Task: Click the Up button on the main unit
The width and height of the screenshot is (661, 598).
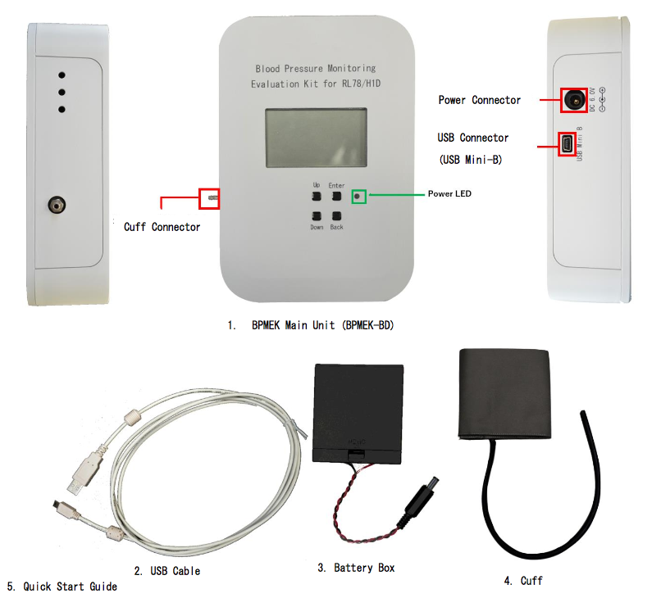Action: click(x=316, y=197)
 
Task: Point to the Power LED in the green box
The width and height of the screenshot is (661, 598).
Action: click(x=358, y=197)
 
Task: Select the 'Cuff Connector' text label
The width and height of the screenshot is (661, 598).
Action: click(x=162, y=227)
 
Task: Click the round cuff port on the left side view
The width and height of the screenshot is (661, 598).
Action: click(x=57, y=203)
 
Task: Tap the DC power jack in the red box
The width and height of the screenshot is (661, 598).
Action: click(x=573, y=100)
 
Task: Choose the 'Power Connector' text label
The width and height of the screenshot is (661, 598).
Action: click(x=480, y=100)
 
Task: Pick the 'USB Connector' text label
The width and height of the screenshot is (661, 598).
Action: click(x=473, y=138)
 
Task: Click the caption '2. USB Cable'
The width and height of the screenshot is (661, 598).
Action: click(x=167, y=570)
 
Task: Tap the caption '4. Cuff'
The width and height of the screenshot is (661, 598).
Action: click(x=523, y=580)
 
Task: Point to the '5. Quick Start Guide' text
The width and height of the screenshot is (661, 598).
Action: click(x=62, y=587)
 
